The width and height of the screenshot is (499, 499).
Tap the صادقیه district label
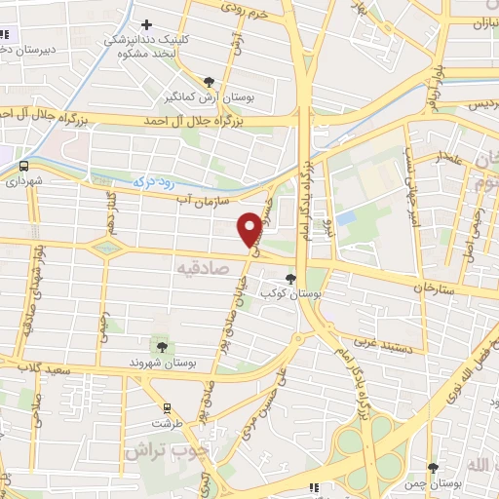tap(202, 265)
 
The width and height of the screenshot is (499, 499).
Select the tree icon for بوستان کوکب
tap(290, 279)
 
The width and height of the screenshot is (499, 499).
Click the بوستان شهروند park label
tap(162, 362)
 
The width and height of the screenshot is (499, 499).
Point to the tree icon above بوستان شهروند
tap(162, 346)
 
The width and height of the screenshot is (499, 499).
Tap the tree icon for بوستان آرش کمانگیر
tap(209, 82)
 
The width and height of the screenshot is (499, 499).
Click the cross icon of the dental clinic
tap(146, 24)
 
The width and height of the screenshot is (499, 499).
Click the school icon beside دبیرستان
tap(5, 36)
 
